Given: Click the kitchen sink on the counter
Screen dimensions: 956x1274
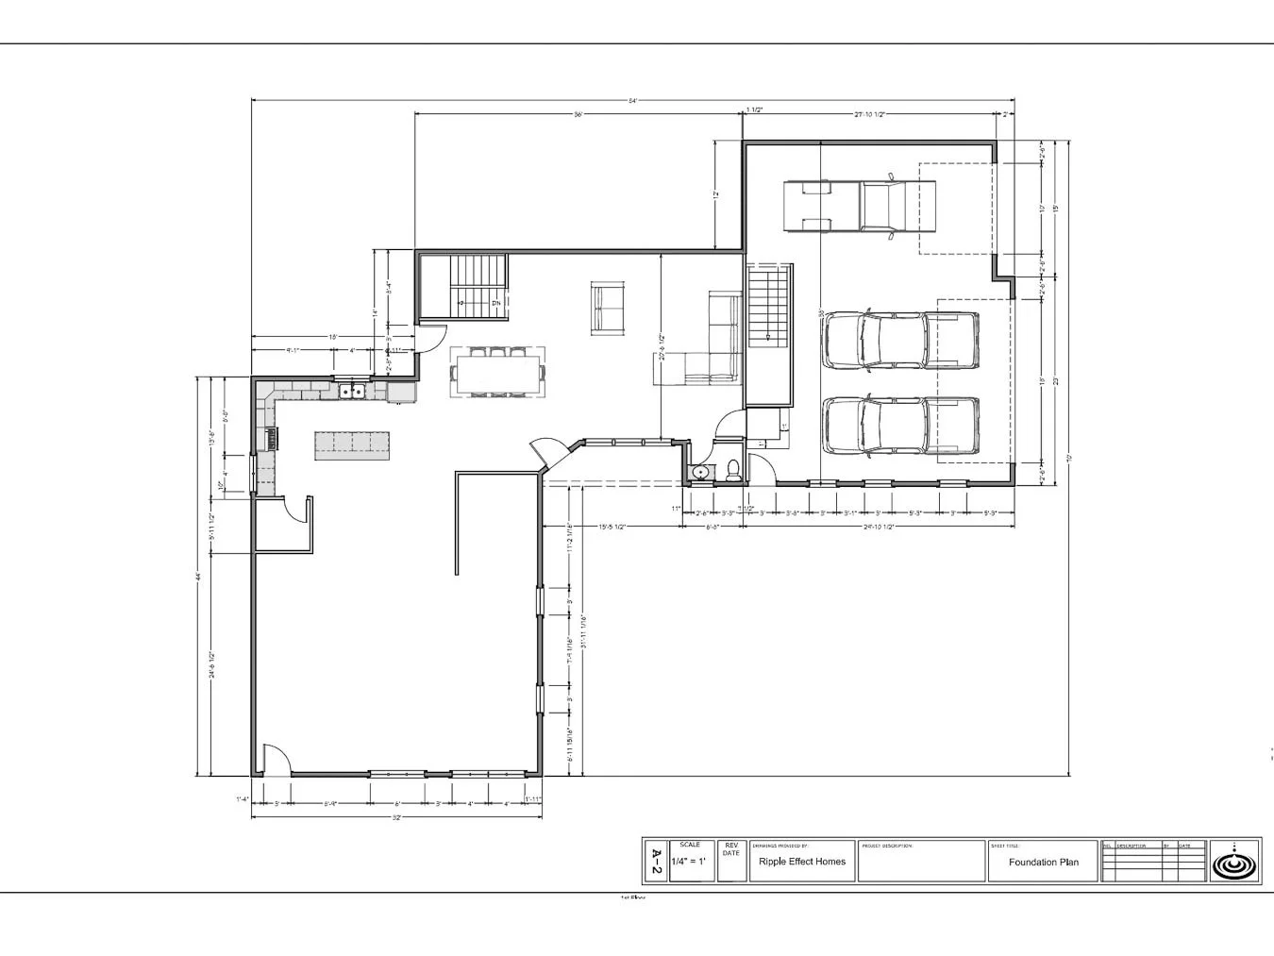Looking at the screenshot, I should pos(351,390).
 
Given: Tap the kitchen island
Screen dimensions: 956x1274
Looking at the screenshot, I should pos(352,444).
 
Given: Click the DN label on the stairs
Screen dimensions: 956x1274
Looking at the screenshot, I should pos(495,304).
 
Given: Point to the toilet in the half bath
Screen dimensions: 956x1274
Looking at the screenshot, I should pos(734,470).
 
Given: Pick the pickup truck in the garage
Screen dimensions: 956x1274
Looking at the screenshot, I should pos(859,206).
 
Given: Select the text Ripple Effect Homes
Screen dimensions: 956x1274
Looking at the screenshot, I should pos(801,862).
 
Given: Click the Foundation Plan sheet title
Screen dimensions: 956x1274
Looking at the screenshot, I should pos(1043,863).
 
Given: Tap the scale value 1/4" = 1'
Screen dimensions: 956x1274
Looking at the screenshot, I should pos(689,863).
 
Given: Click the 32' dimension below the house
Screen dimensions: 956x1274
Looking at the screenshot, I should pos(396,817).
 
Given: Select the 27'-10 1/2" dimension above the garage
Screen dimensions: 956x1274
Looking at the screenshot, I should pos(868,114).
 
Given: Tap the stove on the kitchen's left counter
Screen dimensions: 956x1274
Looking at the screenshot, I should pos(272,437).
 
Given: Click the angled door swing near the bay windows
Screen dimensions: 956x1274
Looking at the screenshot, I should pos(549,452).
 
